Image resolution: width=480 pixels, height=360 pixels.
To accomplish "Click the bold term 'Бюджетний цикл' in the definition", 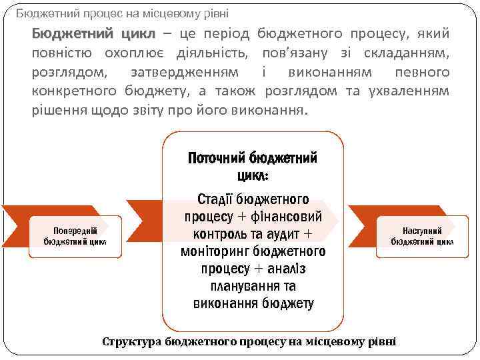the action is click(x=93, y=34).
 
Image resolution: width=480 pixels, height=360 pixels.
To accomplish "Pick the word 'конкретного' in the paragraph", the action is click(x=75, y=91).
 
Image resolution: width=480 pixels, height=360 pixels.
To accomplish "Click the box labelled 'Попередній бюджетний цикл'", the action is click(x=75, y=236).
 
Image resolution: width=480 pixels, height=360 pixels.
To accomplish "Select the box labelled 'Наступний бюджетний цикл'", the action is click(x=422, y=236).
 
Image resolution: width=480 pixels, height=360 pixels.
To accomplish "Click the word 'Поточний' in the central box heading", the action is click(x=216, y=158).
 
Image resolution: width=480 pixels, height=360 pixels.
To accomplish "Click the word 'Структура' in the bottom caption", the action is click(x=131, y=342).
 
